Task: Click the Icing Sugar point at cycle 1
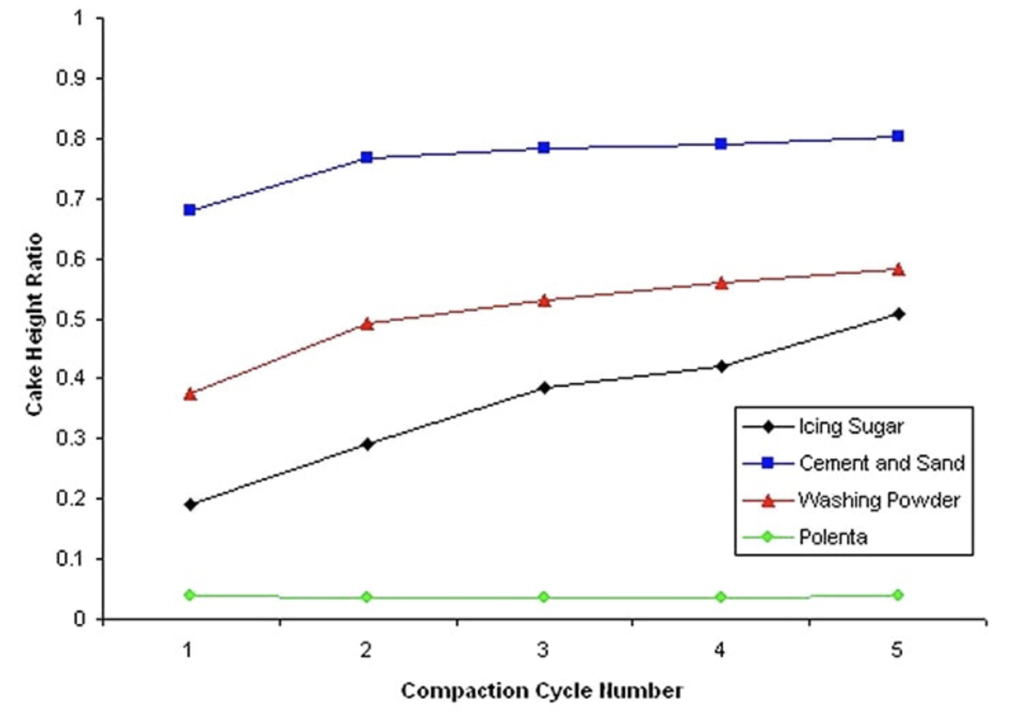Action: coord(190,505)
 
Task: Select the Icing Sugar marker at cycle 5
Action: coord(898,314)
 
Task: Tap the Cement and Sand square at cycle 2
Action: coord(366,158)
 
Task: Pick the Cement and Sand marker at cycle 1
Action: coord(190,209)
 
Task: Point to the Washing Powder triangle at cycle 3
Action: coord(544,301)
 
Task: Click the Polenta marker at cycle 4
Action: coord(721,597)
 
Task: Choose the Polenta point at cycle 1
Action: coord(190,594)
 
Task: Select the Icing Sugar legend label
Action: coord(850,427)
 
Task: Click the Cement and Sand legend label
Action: coord(881,464)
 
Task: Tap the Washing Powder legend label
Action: coord(879,500)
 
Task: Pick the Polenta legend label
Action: coord(833,537)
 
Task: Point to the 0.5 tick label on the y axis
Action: coord(72,320)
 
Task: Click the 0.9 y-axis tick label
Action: coord(72,79)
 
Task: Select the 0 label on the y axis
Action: coord(80,619)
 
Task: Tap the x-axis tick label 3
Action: coord(543,650)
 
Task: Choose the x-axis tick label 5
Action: coord(897,650)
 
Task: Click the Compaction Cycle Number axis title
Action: coord(542,691)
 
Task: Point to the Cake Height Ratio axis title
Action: coord(34,324)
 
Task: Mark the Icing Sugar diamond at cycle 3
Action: coord(544,388)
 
